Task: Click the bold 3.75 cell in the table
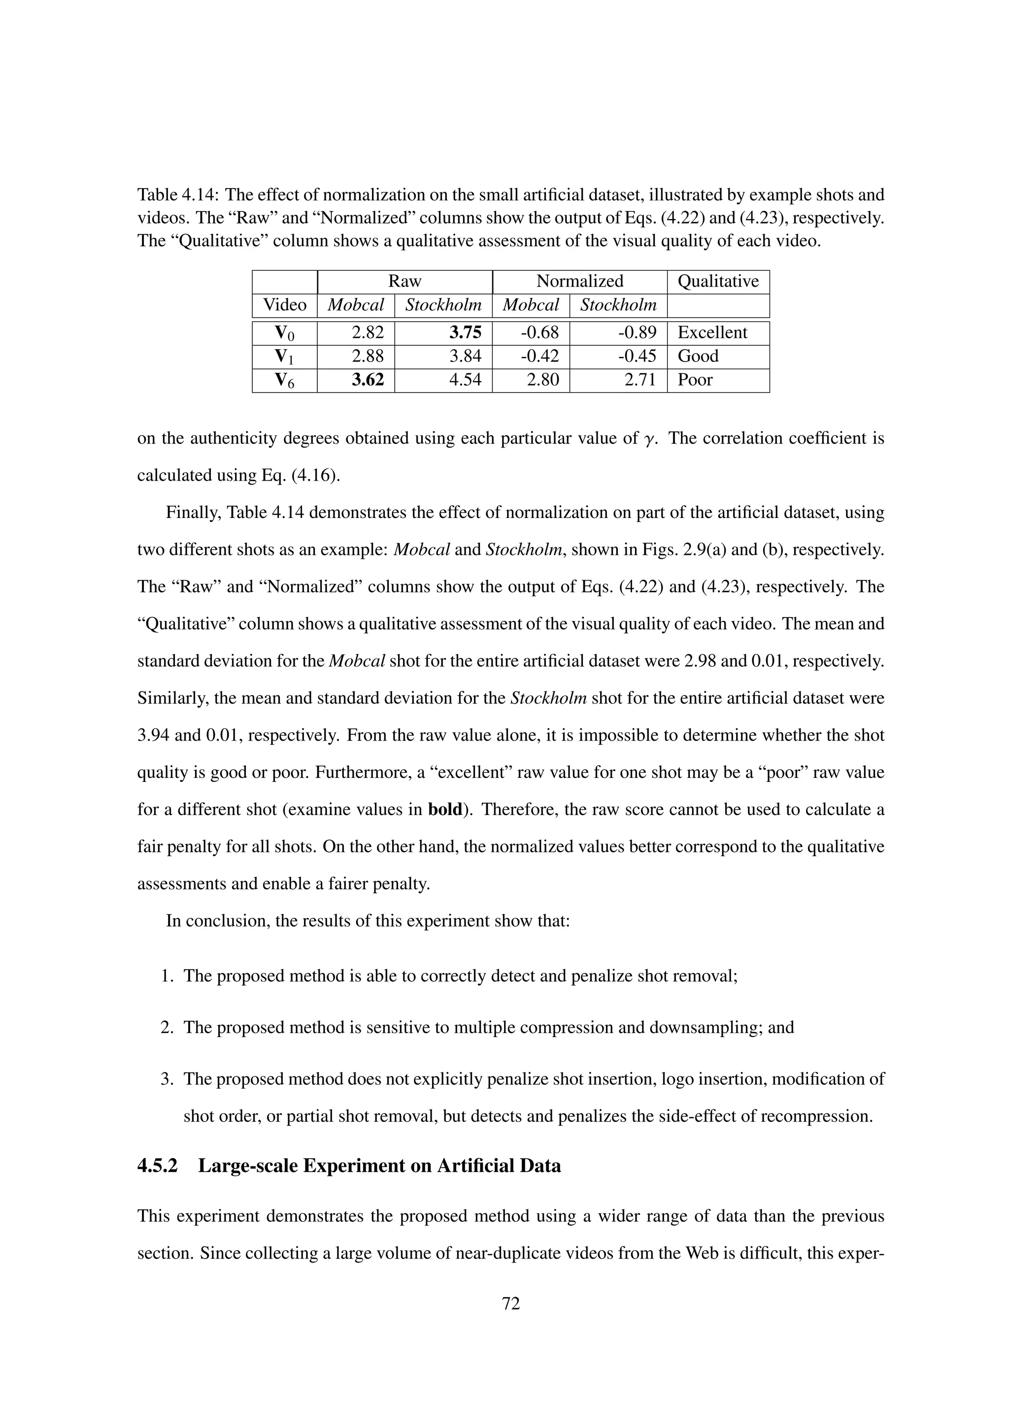466,332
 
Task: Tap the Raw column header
404,281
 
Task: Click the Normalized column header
580,281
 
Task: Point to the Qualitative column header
718,281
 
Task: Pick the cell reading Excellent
712,332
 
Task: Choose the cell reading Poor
695,380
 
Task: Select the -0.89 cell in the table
637,332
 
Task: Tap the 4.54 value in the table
466,380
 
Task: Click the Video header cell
285,305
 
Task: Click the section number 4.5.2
157,1166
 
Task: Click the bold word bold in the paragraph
445,810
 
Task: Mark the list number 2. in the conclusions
167,1027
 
